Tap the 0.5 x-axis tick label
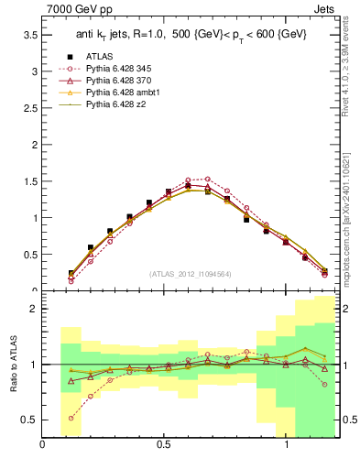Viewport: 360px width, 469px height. (164, 444)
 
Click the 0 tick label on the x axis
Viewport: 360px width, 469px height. (43, 444)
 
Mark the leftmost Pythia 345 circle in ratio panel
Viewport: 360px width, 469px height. (71, 418)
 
